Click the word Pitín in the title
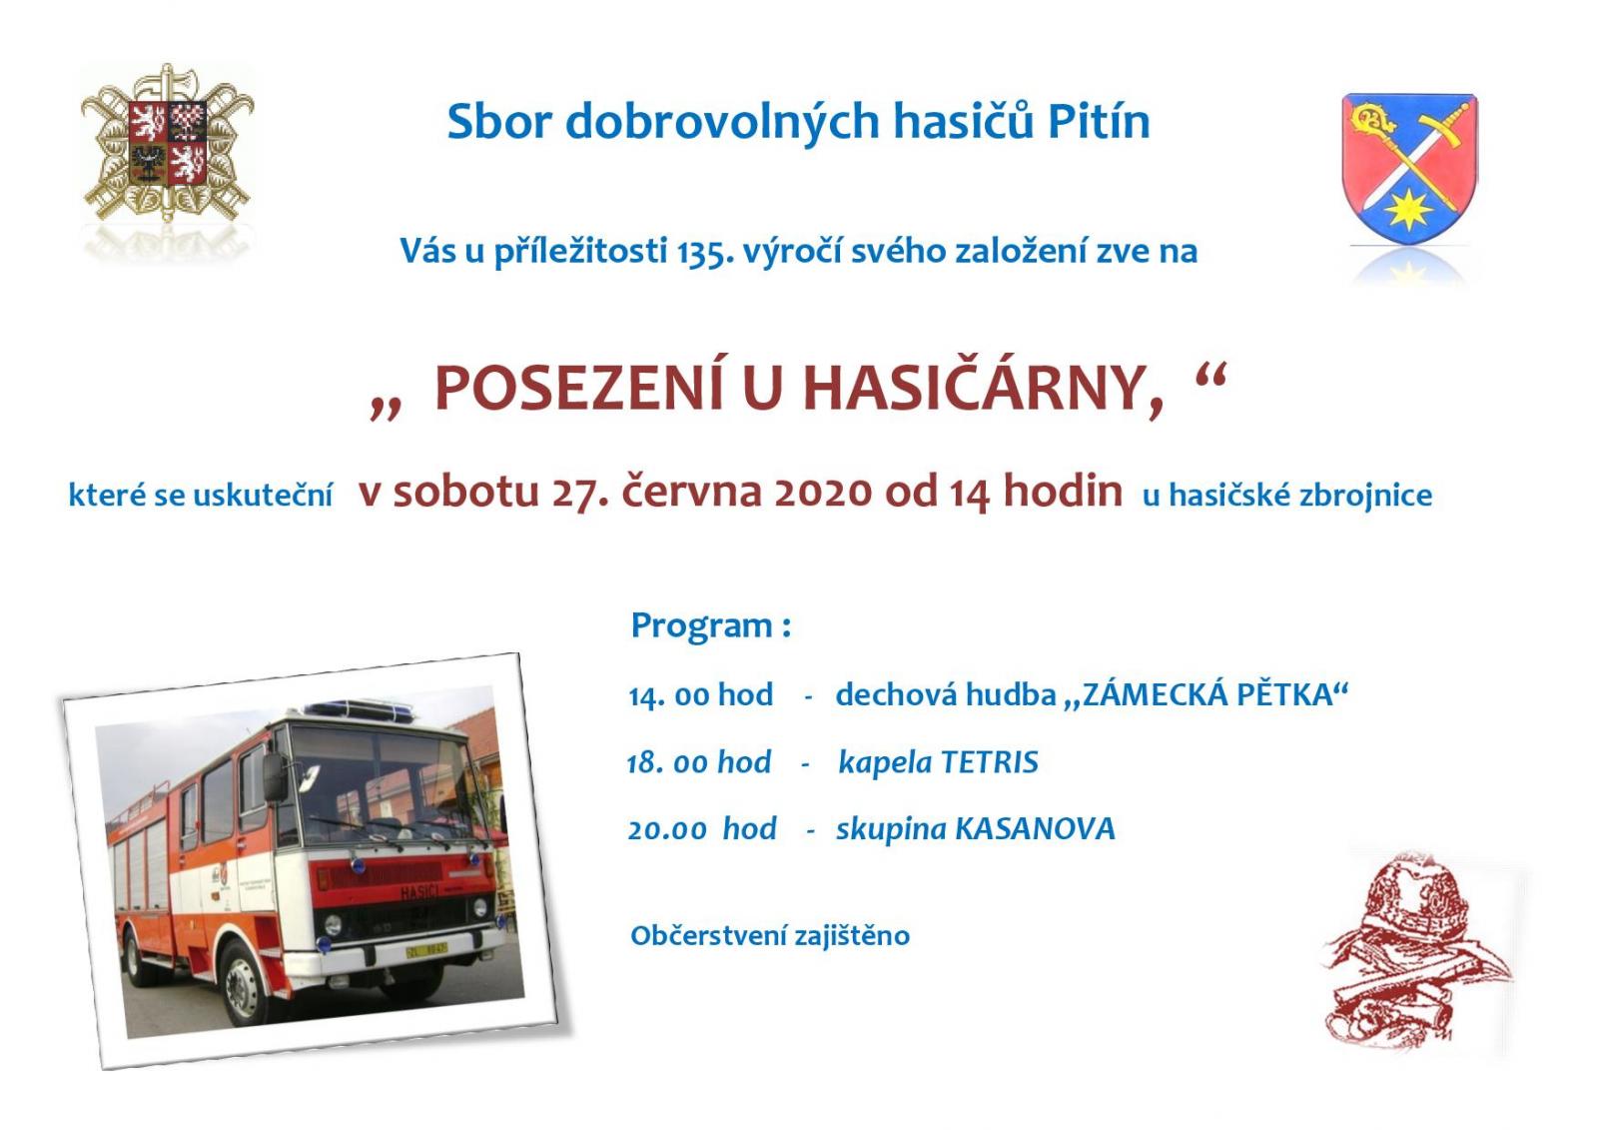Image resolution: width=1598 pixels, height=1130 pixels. pos(1099,121)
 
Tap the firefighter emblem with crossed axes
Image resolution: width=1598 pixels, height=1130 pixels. pos(167,142)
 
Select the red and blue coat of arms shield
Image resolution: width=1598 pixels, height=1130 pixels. pos(1409,169)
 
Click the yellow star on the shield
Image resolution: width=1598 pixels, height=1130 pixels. pos(1408,210)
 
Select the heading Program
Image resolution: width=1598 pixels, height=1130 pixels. pos(702,625)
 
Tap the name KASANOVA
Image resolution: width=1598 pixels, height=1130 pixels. pos(1035,828)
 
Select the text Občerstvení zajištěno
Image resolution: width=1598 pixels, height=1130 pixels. pos(770,935)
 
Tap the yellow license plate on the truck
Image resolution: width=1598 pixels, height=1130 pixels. pos(426,950)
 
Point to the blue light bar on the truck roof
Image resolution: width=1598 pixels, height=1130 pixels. pos(359,708)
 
